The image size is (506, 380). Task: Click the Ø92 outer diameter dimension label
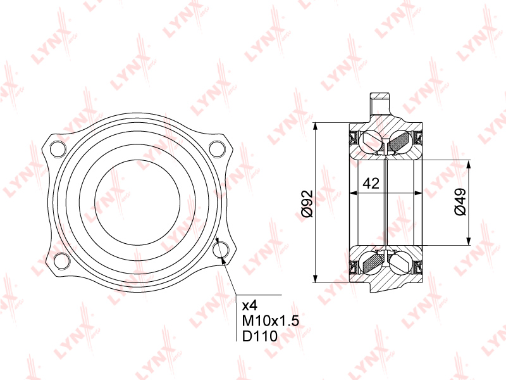(x=307, y=204)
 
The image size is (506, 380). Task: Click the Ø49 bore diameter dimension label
(x=460, y=202)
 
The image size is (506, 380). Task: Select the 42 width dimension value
(x=371, y=184)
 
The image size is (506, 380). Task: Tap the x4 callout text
(x=250, y=305)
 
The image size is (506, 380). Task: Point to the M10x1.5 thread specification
(x=271, y=321)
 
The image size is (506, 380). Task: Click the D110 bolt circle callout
(x=260, y=336)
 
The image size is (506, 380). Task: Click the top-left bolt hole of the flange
(x=58, y=149)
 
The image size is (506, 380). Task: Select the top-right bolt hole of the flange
(x=217, y=149)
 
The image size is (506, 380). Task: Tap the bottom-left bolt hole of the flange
(x=61, y=261)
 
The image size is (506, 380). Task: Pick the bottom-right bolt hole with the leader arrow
(x=221, y=250)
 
